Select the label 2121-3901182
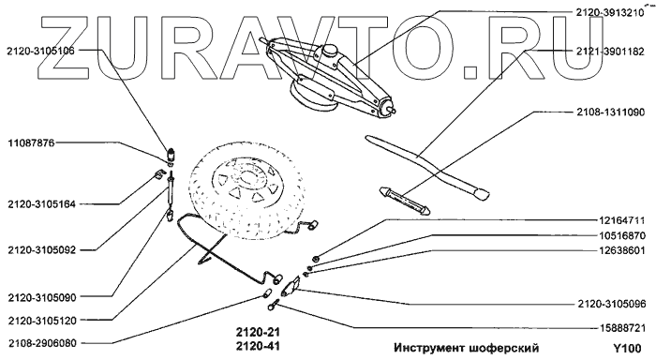(x=610, y=52)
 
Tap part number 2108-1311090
(x=610, y=112)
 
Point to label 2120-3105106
(x=40, y=51)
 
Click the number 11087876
(x=31, y=143)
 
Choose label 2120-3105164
(x=41, y=204)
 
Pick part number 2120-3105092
(x=41, y=250)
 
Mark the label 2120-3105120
(x=42, y=321)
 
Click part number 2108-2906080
(x=42, y=343)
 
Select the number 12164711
(x=621, y=220)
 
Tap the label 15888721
(x=621, y=328)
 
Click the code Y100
(x=627, y=348)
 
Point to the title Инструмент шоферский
(x=467, y=348)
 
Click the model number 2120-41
(x=258, y=346)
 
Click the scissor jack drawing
(x=327, y=75)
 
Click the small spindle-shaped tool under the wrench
(x=405, y=201)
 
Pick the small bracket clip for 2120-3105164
(x=157, y=174)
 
